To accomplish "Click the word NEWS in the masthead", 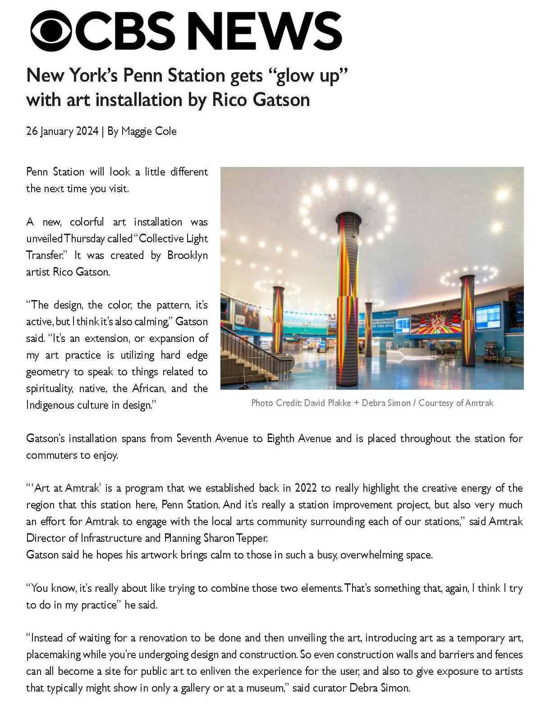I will click(265, 31).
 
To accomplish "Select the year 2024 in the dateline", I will click(87, 131).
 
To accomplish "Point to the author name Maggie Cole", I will click(149, 131).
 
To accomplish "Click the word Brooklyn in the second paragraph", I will click(187, 255).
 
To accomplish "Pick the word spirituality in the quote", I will click(49, 388).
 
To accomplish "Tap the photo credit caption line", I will click(372, 403).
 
